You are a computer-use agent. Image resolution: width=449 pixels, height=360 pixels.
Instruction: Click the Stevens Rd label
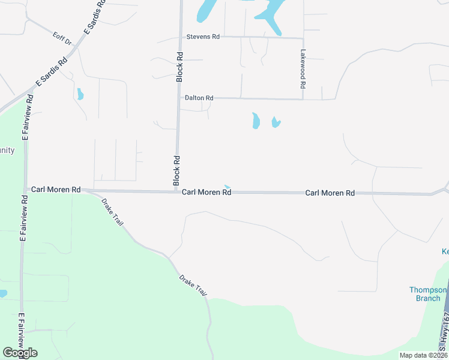click(x=203, y=37)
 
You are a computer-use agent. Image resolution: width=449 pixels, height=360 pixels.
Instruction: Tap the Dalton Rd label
click(x=199, y=98)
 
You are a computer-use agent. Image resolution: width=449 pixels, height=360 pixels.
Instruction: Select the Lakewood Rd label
click(x=303, y=69)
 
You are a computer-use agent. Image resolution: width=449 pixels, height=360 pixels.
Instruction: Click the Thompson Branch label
click(x=429, y=294)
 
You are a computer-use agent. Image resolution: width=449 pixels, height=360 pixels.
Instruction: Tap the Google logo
click(x=20, y=352)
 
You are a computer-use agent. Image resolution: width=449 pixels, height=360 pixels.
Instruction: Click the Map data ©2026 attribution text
click(x=423, y=355)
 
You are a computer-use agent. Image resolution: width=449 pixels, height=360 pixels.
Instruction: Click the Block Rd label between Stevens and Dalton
click(x=179, y=66)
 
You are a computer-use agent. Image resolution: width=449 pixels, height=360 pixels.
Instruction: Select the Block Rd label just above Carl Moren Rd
click(x=177, y=170)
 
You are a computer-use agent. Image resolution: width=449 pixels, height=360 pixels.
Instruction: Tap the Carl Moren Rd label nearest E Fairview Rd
click(x=56, y=189)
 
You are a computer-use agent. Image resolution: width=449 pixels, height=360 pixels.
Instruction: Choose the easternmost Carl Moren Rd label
click(x=330, y=193)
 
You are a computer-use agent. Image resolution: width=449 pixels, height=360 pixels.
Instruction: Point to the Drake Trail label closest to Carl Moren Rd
click(x=112, y=212)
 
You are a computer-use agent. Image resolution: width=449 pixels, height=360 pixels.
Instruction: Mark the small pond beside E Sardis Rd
click(x=80, y=94)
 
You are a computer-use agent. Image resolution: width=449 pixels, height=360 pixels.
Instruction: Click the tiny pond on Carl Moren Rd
click(x=226, y=187)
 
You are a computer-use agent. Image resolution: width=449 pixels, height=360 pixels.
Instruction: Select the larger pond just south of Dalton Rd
click(x=256, y=121)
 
